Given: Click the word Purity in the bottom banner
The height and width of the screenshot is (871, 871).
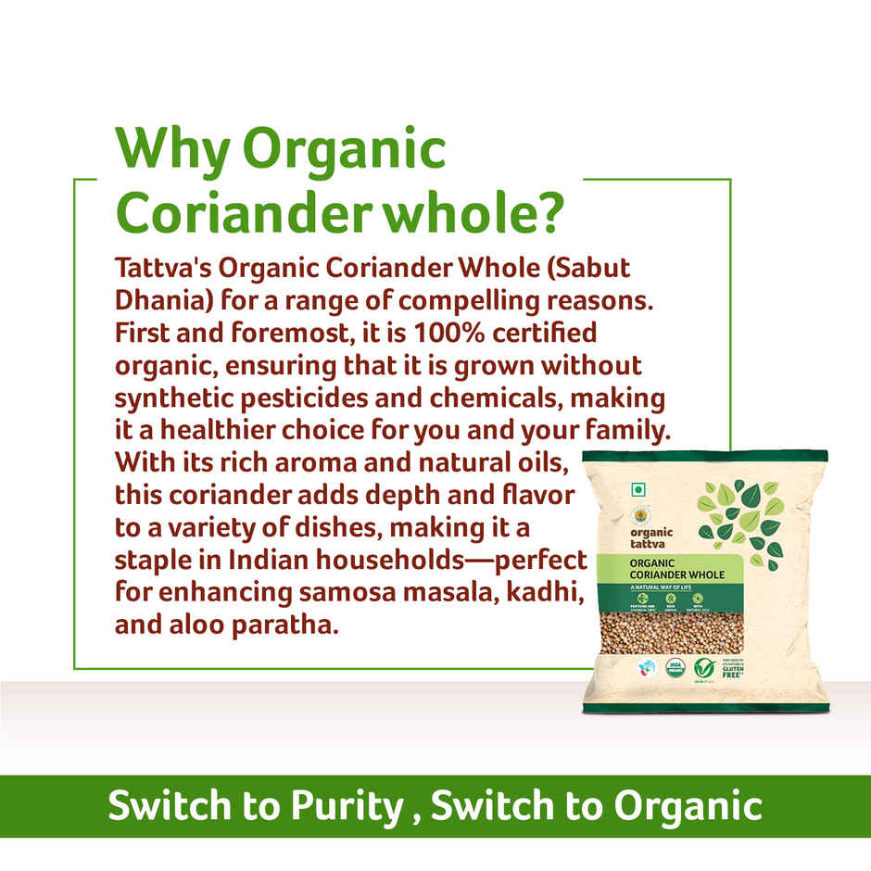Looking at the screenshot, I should tap(351, 806).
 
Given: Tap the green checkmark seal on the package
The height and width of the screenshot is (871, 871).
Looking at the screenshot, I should tap(704, 668).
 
